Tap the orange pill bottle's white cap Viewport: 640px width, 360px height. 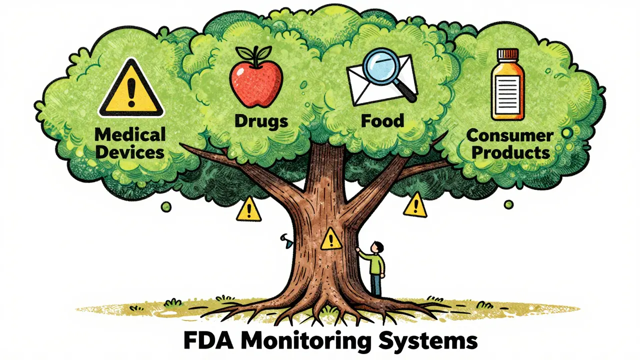(x=507, y=55)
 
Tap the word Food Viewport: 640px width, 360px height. (x=383, y=121)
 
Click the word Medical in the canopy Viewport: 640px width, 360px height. (x=130, y=134)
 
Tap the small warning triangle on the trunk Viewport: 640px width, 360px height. (x=329, y=239)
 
